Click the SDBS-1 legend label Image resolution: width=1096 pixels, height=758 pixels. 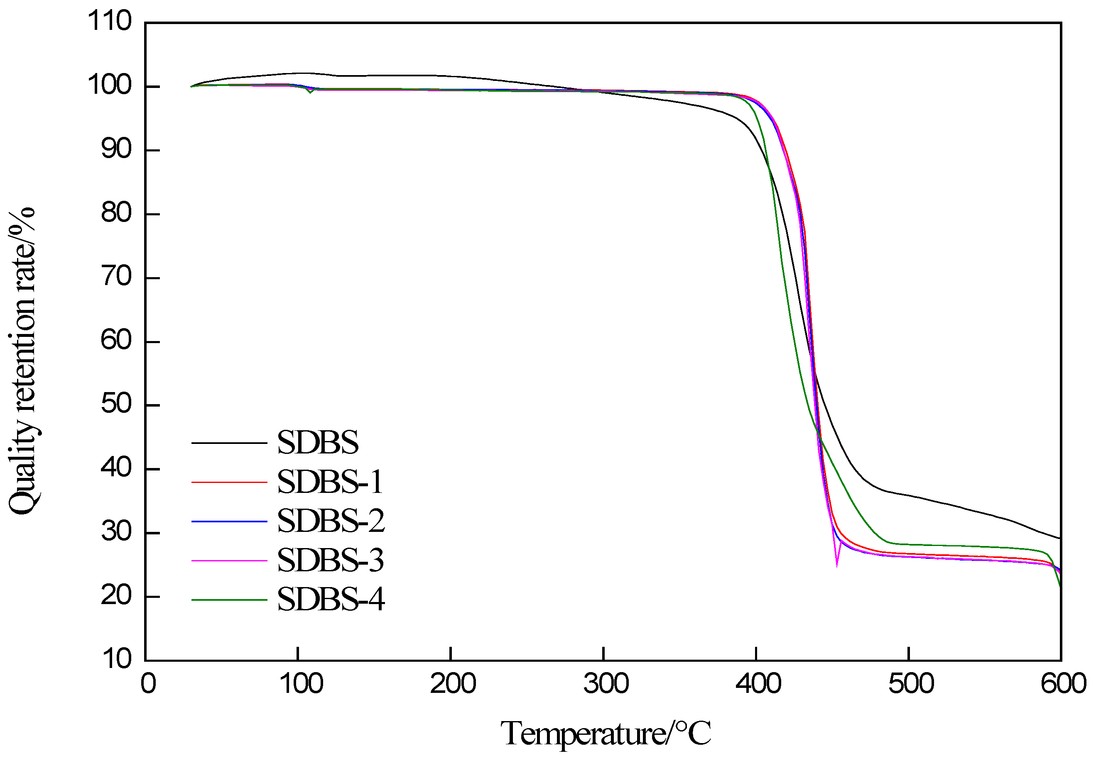[330, 482]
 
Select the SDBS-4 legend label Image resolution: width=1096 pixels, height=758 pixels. [331, 600]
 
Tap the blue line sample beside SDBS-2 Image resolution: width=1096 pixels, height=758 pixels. [229, 522]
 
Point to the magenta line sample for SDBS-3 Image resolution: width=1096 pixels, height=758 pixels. [229, 561]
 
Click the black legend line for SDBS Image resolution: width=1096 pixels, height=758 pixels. [229, 443]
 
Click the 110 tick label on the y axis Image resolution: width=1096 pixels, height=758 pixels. [109, 22]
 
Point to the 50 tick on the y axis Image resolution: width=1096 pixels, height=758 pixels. [116, 404]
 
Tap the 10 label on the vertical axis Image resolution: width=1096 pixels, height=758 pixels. [116, 659]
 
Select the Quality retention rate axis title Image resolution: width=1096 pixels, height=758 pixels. [23, 361]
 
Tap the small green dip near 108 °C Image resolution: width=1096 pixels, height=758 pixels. [310, 92]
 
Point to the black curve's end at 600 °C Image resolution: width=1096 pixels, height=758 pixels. [1060, 538]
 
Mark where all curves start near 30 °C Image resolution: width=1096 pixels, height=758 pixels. [191, 86]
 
